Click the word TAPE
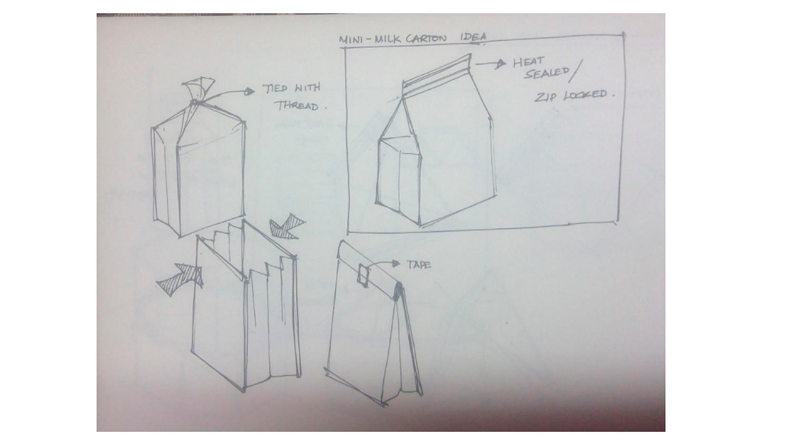tap(419, 265)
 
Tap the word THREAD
tap(297, 105)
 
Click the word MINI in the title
tap(351, 40)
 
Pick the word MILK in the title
tap(388, 39)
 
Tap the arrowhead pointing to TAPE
tap(396, 264)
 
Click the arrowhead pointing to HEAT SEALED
tap(501, 64)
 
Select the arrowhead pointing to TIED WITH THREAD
tap(250, 92)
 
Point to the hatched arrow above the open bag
tap(287, 227)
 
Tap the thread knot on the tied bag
tap(195, 102)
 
